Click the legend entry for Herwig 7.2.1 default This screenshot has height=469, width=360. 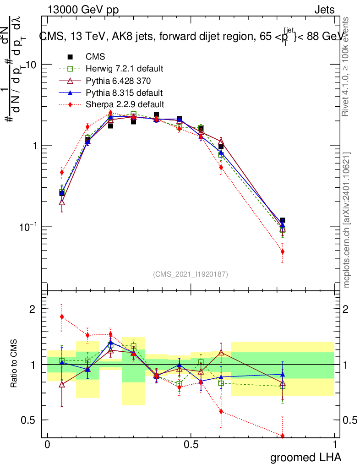(124, 69)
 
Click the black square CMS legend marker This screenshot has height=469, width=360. (70, 57)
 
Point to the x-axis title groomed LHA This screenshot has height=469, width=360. (305, 457)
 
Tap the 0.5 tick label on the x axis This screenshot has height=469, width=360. (191, 445)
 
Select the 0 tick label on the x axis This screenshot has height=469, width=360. (48, 445)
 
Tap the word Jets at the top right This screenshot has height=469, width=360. (324, 10)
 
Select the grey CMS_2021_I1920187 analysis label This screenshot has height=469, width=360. (191, 274)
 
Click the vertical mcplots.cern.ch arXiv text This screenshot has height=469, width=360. (347, 220)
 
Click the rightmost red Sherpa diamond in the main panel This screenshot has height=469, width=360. (283, 251)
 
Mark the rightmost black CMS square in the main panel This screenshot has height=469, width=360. (283, 220)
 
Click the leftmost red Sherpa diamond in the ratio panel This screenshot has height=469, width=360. (62, 316)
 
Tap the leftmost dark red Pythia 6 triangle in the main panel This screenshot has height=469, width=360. (62, 202)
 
